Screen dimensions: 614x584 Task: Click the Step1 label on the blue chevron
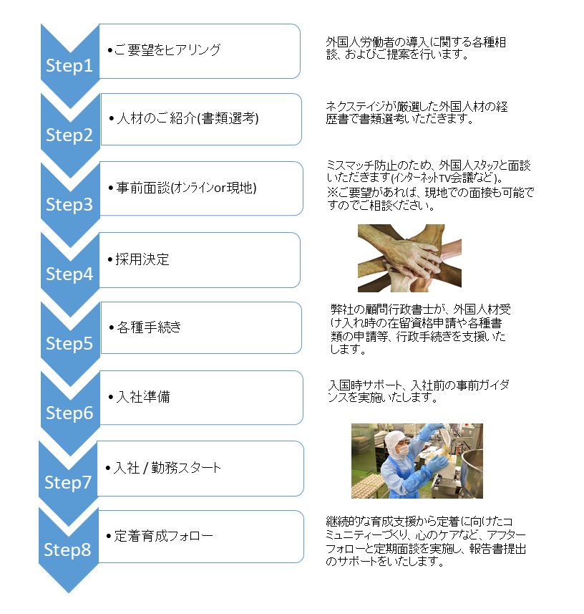point(69,66)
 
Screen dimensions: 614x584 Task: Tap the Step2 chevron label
point(69,135)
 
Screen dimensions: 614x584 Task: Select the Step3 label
point(69,205)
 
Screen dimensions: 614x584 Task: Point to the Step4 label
point(69,274)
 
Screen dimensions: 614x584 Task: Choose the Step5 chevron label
point(69,344)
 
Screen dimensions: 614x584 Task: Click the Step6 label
point(69,413)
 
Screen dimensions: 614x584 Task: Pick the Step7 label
point(69,483)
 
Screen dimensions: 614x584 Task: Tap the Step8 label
point(68,550)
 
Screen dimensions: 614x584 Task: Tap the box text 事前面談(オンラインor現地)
point(185,188)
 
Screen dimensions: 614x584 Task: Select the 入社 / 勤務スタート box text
point(167,468)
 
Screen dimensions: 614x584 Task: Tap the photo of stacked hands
point(399,258)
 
